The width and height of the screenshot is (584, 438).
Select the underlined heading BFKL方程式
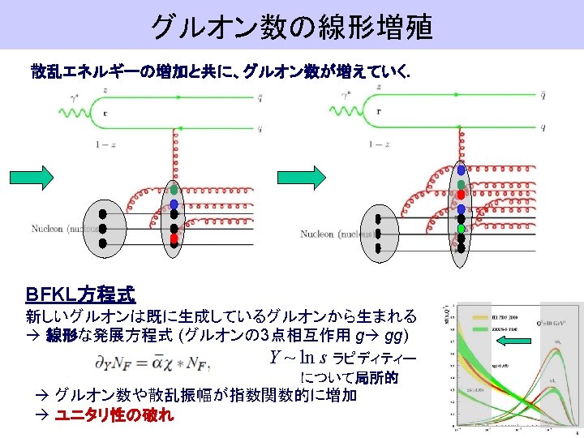coord(80,294)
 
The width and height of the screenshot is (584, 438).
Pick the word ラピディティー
coord(363,359)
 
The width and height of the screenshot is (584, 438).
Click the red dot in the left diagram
coord(174,239)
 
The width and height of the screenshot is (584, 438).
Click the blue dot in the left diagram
coord(174,204)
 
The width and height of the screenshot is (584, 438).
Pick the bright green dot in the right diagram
coord(461,229)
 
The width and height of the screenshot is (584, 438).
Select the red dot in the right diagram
coord(461,195)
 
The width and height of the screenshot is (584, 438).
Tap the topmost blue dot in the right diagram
coord(461,172)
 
